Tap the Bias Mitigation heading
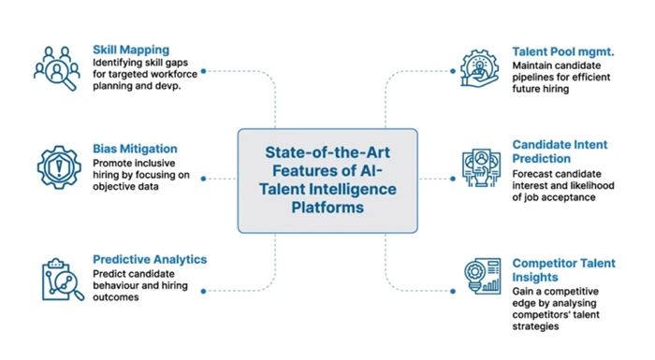click(x=135, y=149)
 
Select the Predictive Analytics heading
click(x=150, y=259)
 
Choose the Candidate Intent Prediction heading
click(x=560, y=151)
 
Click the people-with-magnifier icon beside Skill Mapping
click(x=57, y=68)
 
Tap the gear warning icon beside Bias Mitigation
click(x=58, y=168)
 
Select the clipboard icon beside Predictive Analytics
click(x=60, y=280)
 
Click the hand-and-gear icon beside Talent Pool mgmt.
click(x=480, y=68)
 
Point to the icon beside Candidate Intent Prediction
click(x=481, y=168)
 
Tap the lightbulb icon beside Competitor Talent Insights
click(x=482, y=279)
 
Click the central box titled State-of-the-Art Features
click(x=327, y=180)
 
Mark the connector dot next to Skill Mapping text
click(x=203, y=70)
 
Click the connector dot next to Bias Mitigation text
click(x=203, y=179)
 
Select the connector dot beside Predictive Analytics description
click(x=203, y=291)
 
